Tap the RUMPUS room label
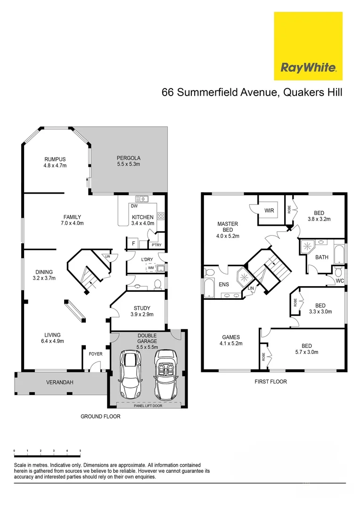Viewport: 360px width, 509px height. (x=55, y=159)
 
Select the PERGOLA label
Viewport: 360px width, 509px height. (x=129, y=158)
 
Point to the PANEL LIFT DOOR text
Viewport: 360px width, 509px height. (x=148, y=405)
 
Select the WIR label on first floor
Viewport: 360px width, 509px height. (x=270, y=210)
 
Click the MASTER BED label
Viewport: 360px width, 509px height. (x=228, y=227)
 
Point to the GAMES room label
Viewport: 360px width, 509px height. (x=231, y=337)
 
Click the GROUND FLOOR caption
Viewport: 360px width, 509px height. (x=100, y=417)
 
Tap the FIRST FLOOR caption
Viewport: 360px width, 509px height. (x=270, y=382)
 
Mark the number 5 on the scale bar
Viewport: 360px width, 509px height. (x=80, y=451)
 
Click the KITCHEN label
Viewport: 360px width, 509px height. (x=142, y=217)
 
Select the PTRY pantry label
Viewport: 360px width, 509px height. (x=156, y=245)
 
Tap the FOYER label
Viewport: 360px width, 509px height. (x=95, y=353)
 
